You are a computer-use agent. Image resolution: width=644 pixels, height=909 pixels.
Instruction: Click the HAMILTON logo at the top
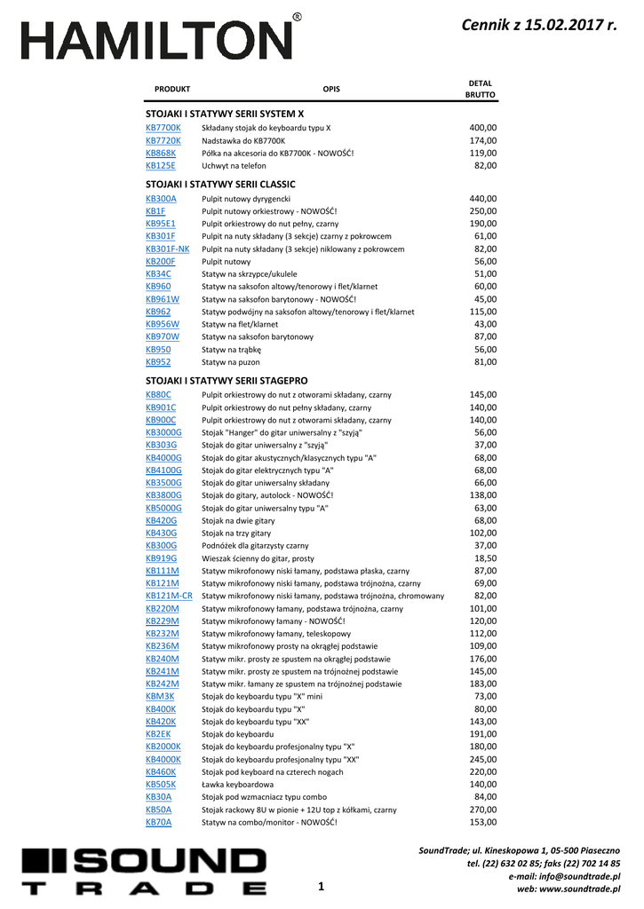click(x=157, y=41)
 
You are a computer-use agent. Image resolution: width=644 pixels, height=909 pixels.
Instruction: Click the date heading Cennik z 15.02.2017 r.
click(x=539, y=26)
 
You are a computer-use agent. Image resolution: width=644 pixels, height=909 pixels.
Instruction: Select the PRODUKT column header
click(x=172, y=89)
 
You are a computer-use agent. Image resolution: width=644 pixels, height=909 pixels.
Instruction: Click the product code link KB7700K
click(x=163, y=128)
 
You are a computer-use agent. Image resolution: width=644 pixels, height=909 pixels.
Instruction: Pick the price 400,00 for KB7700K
click(x=483, y=128)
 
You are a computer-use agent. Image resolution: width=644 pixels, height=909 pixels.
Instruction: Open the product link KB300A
click(x=161, y=199)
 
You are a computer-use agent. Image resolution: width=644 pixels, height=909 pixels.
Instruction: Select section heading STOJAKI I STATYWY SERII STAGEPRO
click(x=227, y=380)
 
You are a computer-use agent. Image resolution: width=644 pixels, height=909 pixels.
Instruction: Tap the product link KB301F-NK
click(x=167, y=249)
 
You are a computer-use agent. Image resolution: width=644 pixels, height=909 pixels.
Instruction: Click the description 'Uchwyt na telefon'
click(x=234, y=166)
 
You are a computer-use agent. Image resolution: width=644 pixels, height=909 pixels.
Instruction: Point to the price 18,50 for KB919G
click(x=485, y=558)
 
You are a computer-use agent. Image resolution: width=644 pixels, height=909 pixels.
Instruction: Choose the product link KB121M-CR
click(x=169, y=596)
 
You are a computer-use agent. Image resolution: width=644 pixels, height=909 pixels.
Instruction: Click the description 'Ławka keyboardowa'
click(x=235, y=785)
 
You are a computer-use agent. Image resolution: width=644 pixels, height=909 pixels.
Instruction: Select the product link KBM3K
click(x=160, y=697)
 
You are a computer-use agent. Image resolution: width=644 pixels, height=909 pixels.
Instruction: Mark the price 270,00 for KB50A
click(x=483, y=810)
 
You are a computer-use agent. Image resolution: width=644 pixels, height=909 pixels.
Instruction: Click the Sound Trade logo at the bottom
click(x=144, y=872)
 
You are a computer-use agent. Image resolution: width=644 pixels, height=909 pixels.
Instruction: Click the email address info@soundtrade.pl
click(x=583, y=876)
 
